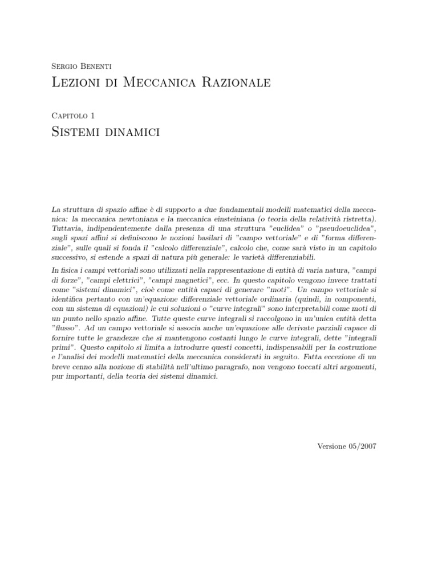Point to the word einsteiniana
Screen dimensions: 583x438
234,219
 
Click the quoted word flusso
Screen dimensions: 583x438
65,329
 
